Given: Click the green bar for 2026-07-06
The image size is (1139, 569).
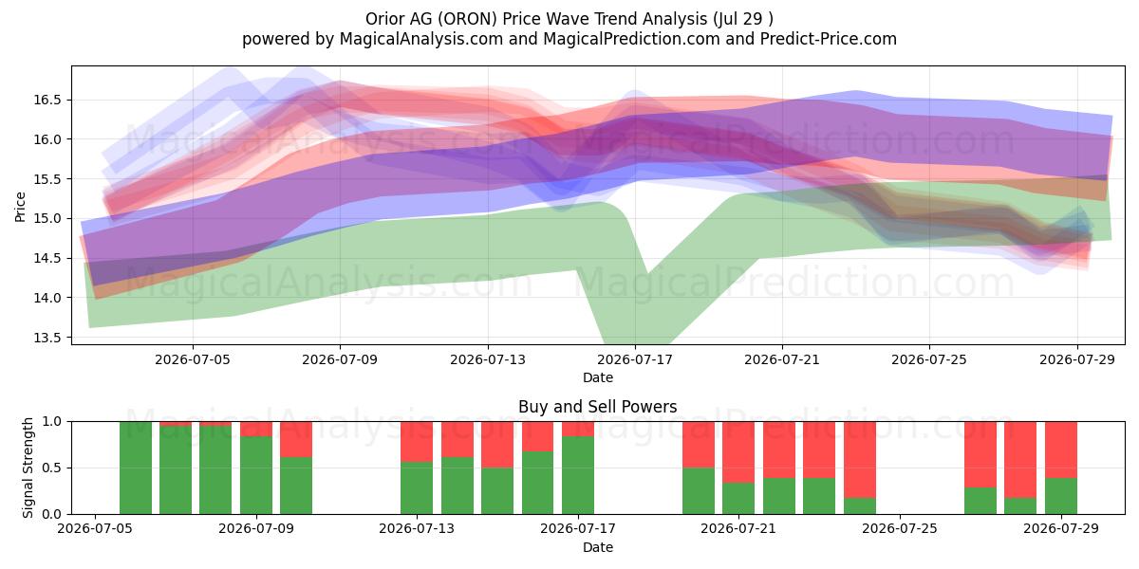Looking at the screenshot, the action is point(135,468).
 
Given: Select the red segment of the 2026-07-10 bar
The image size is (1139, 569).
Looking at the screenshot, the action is point(296,439).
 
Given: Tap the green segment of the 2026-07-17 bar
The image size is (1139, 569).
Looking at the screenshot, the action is point(578,475).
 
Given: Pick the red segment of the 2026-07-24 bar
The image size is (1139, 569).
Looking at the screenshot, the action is point(860,459).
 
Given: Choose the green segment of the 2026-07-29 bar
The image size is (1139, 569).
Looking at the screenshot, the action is point(1061,496).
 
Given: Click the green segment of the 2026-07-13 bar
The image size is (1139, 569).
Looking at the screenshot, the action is point(417,487).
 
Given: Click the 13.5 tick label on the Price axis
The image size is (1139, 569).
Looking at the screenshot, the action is point(47,338).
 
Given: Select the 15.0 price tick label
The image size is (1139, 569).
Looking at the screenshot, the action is point(47,218).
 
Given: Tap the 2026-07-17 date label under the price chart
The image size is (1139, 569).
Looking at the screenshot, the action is point(635,359).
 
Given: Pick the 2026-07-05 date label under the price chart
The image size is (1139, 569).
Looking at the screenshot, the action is point(193,359).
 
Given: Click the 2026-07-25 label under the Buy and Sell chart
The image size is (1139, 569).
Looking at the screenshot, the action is point(900,529).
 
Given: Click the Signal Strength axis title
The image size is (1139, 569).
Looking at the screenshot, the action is point(28,468).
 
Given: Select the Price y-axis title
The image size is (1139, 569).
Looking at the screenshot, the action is point(20,207).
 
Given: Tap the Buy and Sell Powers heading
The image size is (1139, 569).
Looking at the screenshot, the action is point(597,407).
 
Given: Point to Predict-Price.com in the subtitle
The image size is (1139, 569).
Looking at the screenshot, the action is point(829,39).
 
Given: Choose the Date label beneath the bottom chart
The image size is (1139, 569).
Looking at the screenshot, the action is point(598,547).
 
